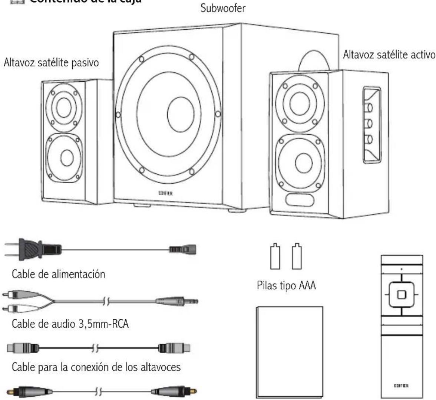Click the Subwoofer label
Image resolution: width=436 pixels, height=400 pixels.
click(222, 8)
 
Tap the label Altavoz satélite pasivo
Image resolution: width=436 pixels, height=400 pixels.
click(51, 62)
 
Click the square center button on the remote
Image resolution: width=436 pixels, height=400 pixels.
click(402, 295)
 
